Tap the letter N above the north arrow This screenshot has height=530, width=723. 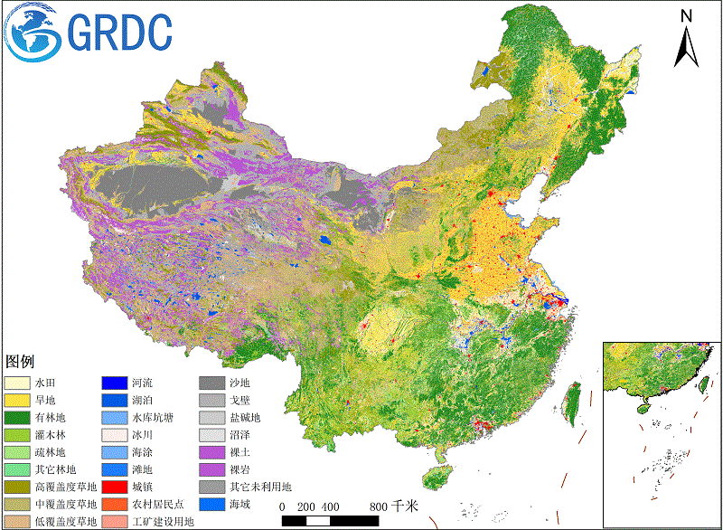click(x=686, y=15)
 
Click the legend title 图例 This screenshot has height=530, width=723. click(x=20, y=361)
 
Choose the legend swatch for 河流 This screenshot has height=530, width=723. click(x=114, y=383)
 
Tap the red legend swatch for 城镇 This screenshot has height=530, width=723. click(x=114, y=487)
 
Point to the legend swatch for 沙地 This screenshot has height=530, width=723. click(x=211, y=383)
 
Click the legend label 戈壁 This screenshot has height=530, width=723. click(x=239, y=400)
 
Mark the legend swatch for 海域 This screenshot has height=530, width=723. click(x=211, y=504)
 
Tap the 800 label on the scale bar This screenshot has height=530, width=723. click(x=379, y=506)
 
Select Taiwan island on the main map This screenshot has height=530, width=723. click(x=571, y=403)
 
